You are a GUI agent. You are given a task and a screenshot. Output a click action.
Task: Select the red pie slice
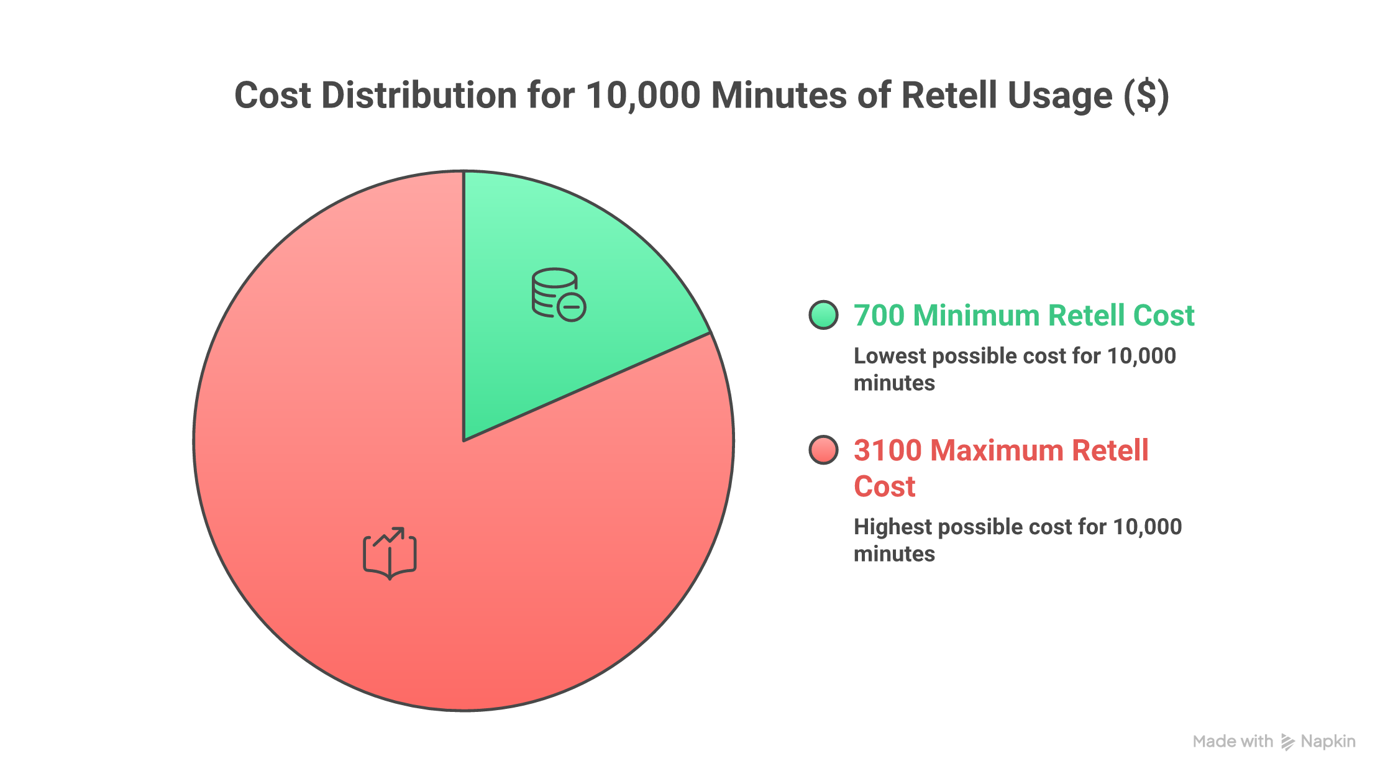pos(435,528)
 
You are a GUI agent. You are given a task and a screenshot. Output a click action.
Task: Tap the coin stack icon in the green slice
pos(558,294)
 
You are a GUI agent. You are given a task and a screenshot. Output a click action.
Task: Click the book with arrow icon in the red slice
pos(390,554)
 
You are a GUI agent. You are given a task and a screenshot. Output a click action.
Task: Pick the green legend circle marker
pos(824,315)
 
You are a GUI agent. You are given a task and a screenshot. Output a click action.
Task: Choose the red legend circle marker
pos(824,450)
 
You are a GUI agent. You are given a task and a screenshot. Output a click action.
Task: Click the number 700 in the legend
pos(879,316)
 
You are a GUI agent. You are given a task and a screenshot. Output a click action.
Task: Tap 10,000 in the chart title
pos(643,96)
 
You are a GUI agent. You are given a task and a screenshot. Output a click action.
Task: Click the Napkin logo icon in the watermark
pos(1288,742)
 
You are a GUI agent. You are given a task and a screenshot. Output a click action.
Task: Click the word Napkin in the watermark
pos(1328,742)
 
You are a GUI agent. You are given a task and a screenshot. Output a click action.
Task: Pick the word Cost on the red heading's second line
pos(885,486)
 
